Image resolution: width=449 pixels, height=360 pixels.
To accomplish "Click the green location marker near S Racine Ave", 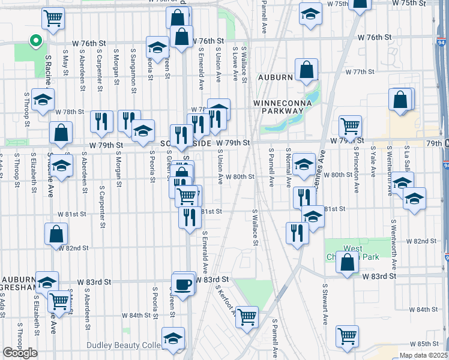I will point(35,42).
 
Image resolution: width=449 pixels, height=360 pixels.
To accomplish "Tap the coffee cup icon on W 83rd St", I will point(184,283).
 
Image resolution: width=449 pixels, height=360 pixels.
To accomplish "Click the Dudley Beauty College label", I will point(122,345).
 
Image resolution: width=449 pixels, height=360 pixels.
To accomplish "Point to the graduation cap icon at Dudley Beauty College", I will point(173,339).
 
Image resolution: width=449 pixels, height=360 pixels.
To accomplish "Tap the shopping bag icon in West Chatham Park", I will point(348,262).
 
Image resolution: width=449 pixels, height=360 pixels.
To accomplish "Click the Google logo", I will point(20,352).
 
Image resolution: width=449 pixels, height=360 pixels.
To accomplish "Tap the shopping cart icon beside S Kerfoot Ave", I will point(247,316).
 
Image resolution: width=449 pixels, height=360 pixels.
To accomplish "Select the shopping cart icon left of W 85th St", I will point(347,336).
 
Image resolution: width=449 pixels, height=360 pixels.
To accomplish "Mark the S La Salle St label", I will point(406,160).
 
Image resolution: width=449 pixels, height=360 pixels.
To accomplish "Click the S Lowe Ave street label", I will point(236,64).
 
